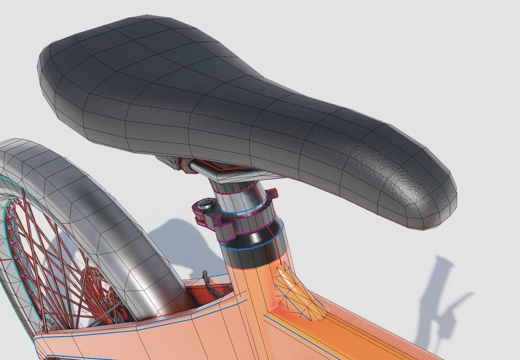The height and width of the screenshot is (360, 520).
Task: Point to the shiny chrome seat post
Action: coord(239,199)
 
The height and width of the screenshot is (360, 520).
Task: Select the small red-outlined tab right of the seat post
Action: coord(273,194)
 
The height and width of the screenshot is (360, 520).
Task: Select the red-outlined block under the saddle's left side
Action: coord(187,166)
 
